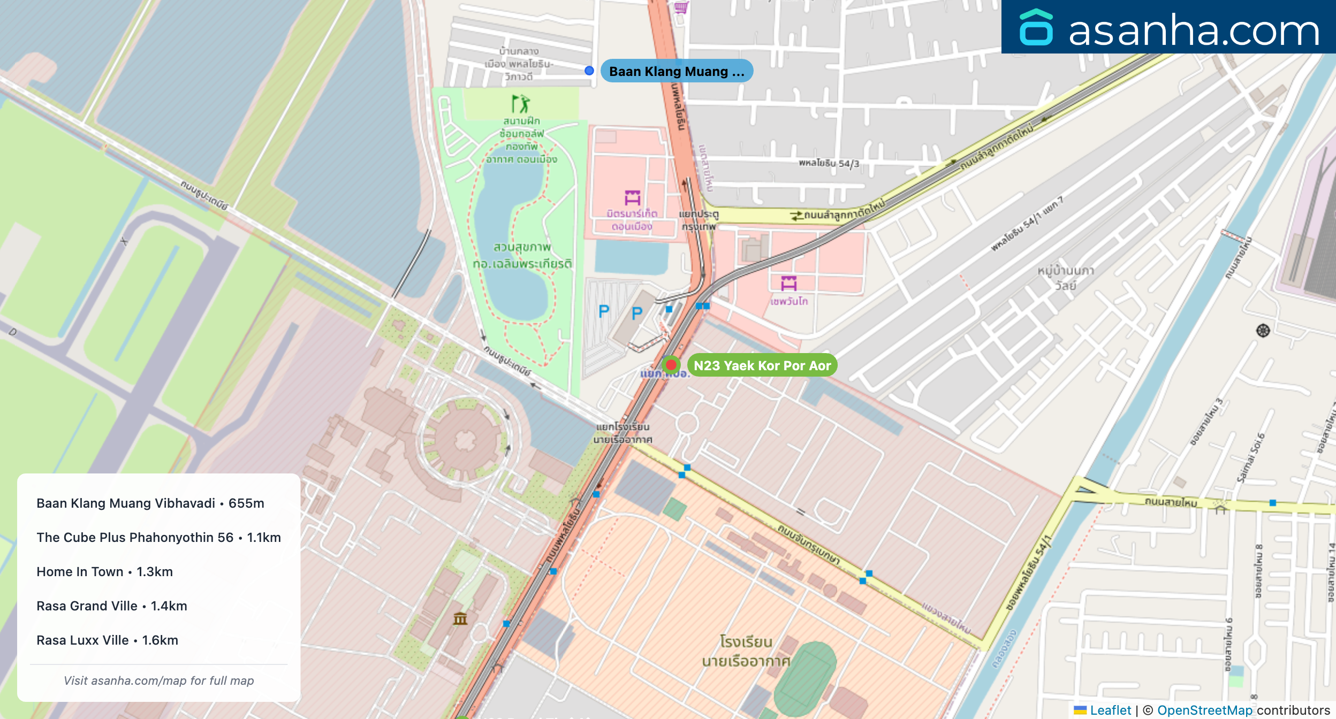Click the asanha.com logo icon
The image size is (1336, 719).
coord(1036,28)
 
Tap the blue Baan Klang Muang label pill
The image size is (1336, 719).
coord(677,71)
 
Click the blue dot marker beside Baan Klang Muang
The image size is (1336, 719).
coord(589,71)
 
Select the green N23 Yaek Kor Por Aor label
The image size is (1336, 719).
coord(762,365)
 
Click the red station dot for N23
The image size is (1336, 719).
coord(671,365)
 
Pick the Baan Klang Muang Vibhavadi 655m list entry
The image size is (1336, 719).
coord(150,503)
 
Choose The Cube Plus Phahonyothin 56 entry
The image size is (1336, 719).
coord(158,538)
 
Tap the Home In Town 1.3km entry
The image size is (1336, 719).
coord(104,572)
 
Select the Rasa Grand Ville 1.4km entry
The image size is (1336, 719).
coord(112,606)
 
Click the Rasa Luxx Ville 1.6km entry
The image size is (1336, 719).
coord(107,640)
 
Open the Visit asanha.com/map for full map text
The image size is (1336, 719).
coord(158,680)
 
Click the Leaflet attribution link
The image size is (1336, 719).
coord(1110,710)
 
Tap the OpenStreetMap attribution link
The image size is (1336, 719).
coord(1204,710)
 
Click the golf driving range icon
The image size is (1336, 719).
coord(520,104)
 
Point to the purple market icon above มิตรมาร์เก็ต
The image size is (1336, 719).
coord(632,197)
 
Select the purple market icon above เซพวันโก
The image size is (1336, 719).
coord(788,283)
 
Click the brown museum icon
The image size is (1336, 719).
coord(460,619)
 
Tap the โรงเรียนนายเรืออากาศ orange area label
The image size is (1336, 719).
coord(746,651)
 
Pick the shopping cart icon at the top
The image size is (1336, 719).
coord(681,7)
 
